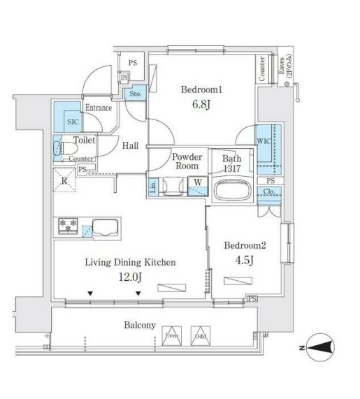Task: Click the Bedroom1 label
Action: coord(202,90)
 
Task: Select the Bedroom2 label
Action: coord(243,245)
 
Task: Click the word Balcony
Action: coord(140,326)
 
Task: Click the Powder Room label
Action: coord(186,162)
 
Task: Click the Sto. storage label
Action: coord(135,93)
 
